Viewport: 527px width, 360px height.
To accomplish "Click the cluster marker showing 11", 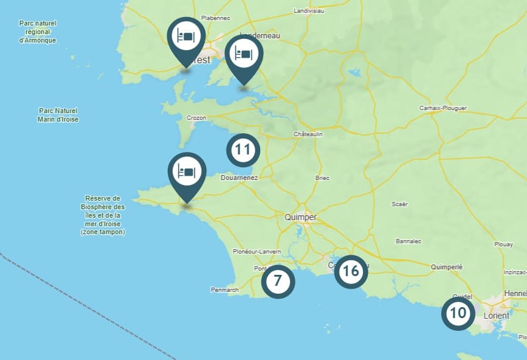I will pos(243,150).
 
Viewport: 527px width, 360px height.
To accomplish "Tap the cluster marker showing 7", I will pos(278,281).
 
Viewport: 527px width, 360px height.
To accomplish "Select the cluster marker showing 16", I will pos(351,271).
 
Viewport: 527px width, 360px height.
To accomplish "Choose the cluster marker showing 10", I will pos(458,314).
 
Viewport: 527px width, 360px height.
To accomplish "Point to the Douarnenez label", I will pos(239,178).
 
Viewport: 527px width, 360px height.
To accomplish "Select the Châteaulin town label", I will pos(308,134).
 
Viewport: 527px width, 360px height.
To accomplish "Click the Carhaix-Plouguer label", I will pos(443,108).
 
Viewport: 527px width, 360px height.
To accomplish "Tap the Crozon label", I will pos(197,118).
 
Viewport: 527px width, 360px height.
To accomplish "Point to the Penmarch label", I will pos(225,290).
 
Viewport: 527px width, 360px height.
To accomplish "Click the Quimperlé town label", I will pos(447,267).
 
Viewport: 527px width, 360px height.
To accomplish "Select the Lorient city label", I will pos(495,316).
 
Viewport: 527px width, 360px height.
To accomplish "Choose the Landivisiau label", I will pos(309,11).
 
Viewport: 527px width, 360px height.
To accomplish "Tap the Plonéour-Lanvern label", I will pos(257,251).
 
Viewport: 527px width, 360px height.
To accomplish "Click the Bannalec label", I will pos(408,241).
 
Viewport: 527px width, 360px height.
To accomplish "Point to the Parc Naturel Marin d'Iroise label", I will pos(58,115).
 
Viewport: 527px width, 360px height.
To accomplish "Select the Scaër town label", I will pos(400,204).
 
